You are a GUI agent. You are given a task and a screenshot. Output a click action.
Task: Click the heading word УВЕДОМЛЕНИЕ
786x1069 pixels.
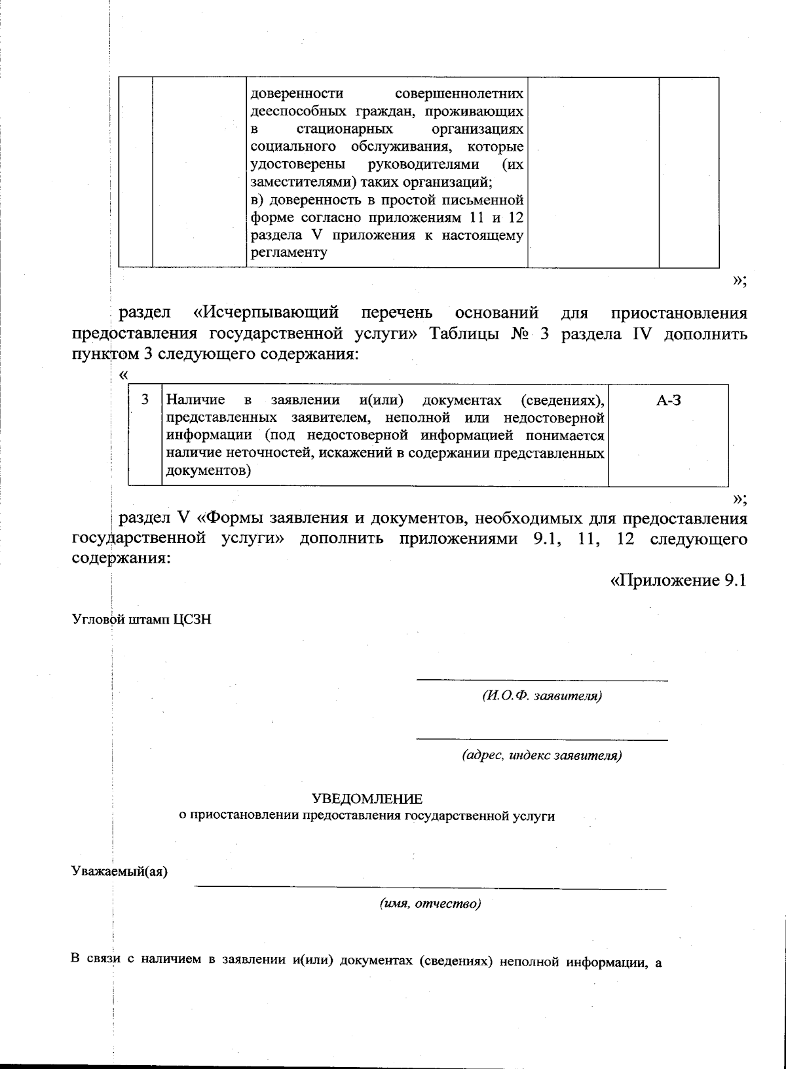[367, 798]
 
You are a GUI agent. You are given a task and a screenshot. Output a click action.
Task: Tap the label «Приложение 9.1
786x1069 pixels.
[679, 581]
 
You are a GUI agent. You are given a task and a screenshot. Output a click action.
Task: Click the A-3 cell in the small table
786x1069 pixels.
[668, 401]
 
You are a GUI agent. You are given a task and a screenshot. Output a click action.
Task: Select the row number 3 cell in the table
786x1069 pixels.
[145, 400]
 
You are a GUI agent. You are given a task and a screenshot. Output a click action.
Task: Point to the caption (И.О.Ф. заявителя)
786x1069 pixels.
[542, 696]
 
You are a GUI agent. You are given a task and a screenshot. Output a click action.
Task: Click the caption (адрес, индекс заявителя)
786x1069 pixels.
[542, 755]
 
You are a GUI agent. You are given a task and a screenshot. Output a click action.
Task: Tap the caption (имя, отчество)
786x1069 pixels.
[430, 905]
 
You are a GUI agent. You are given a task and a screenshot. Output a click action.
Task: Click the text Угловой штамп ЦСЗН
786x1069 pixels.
[141, 620]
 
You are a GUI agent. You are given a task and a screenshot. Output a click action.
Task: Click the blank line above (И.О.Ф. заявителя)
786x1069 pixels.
[542, 680]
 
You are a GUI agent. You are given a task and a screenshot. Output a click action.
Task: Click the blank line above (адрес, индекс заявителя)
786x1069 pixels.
[542, 739]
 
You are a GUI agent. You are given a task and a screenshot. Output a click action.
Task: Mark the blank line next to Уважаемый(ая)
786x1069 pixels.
[430, 888]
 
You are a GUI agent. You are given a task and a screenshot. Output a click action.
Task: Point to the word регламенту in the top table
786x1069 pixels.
[289, 253]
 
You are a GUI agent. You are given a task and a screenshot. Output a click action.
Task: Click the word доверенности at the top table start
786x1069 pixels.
[289, 94]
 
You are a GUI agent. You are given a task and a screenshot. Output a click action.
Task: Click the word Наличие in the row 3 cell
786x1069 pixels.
[196, 400]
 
